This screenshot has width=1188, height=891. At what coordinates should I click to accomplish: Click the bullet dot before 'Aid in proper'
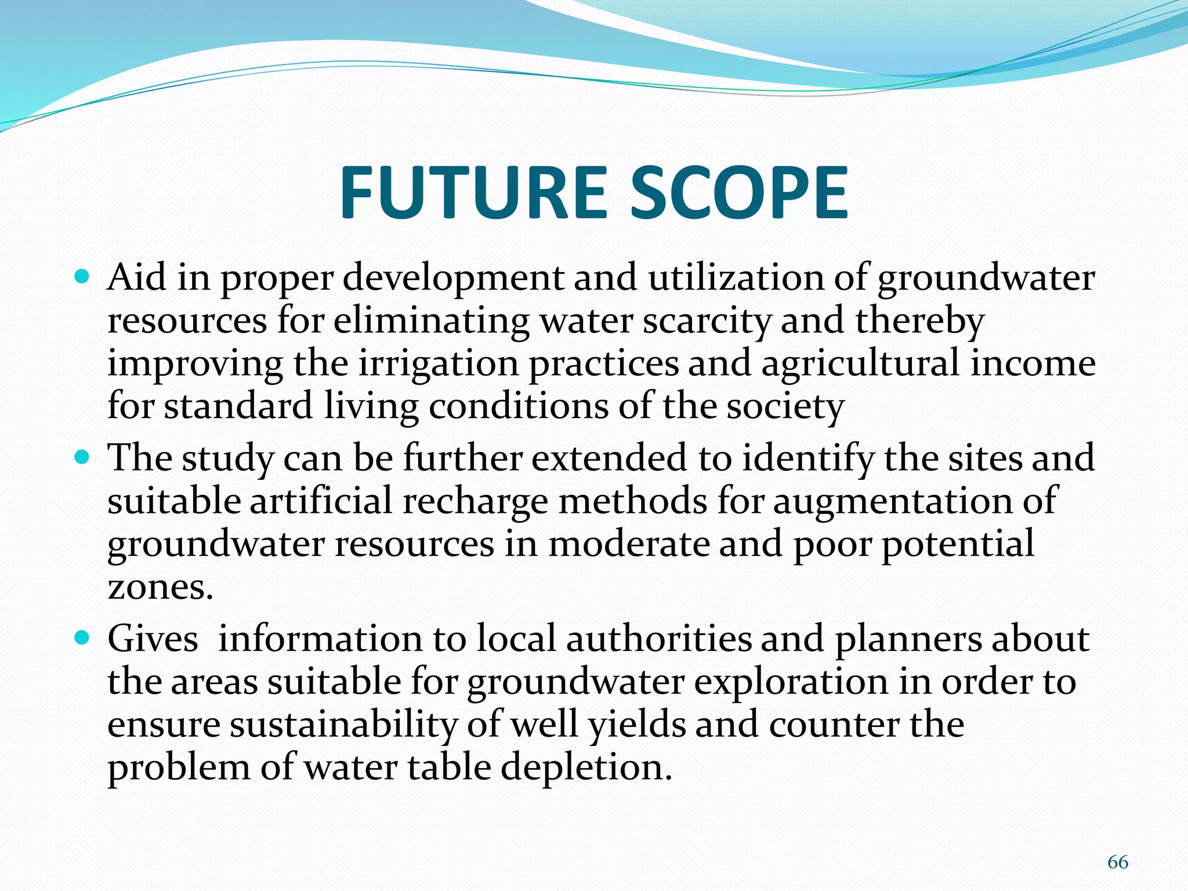(x=83, y=277)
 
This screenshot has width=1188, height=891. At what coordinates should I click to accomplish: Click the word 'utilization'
(x=736, y=277)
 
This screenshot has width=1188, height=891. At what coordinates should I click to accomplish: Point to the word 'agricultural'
(x=860, y=363)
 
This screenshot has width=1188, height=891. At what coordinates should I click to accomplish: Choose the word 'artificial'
(x=321, y=500)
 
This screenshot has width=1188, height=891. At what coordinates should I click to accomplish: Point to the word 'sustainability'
(x=341, y=724)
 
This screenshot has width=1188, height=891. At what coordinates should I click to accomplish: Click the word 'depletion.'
(x=586, y=767)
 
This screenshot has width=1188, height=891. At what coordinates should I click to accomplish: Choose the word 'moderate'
(x=628, y=543)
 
